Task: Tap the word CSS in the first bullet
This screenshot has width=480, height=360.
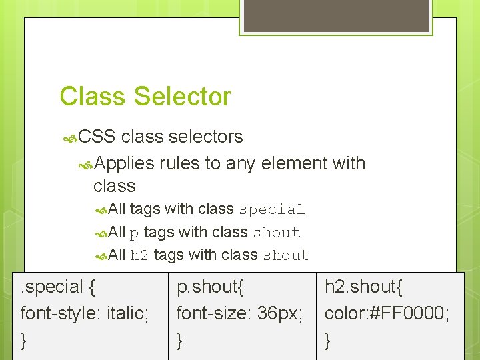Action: point(97,137)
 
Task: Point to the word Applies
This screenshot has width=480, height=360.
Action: point(125,163)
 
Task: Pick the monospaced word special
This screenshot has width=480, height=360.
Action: point(272,209)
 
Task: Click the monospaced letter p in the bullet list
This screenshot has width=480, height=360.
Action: point(134,233)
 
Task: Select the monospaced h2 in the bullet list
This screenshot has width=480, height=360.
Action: point(139,255)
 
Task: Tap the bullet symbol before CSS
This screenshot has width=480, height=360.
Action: point(69,138)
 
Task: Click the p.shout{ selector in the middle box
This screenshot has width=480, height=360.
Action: point(210,287)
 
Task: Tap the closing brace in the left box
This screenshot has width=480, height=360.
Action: point(24,340)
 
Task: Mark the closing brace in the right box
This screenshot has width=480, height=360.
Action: point(327,340)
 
